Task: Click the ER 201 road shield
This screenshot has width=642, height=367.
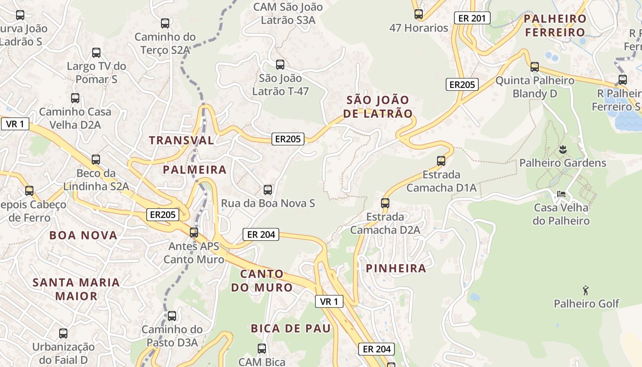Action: (472, 18)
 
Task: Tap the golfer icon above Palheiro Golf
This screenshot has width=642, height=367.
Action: (586, 290)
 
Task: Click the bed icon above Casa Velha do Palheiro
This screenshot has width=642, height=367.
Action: (561, 194)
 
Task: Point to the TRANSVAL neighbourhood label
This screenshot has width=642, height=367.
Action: (182, 140)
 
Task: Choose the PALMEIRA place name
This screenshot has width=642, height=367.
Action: (195, 170)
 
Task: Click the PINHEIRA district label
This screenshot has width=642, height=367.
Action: (396, 268)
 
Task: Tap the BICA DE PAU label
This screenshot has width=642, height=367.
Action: (291, 328)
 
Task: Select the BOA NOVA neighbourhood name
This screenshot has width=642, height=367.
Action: (83, 235)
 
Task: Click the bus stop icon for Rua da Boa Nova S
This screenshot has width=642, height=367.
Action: (268, 189)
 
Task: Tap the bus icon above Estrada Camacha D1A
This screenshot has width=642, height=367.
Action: (441, 161)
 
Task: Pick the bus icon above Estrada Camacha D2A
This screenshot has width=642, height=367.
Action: (385, 203)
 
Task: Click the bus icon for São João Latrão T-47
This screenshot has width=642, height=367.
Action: (280, 65)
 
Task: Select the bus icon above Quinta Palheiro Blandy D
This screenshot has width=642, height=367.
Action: (535, 67)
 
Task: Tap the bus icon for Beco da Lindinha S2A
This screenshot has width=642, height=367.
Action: (96, 160)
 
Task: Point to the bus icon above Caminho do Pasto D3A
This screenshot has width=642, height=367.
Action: (172, 316)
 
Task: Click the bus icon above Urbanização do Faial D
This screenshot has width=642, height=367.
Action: (63, 334)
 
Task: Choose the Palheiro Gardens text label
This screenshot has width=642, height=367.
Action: (563, 163)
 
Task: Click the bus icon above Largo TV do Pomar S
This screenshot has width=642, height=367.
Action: (96, 53)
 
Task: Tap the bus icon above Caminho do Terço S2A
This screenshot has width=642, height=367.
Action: (165, 23)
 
